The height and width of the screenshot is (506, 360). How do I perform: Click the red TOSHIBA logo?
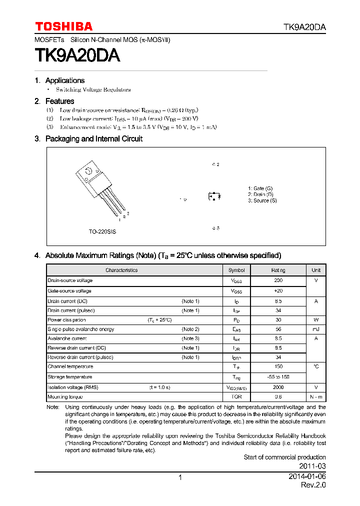[63, 26]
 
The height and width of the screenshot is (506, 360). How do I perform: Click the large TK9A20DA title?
[77, 55]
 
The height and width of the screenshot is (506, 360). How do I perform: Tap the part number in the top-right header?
[304, 27]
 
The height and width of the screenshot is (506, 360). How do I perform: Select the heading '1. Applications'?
[60, 80]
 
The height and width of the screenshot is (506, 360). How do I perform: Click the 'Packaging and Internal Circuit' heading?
[93, 139]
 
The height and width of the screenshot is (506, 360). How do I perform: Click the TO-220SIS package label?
[102, 232]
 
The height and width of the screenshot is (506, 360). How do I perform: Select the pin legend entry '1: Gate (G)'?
[260, 188]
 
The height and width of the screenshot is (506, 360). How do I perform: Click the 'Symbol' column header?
[236, 270]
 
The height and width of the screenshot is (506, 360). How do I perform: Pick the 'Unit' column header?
[316, 270]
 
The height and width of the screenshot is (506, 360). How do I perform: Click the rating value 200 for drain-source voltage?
[278, 280]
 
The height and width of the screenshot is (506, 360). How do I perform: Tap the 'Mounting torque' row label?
[65, 397]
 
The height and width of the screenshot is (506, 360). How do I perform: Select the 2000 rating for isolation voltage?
[278, 387]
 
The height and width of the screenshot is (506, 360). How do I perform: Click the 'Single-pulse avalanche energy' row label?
[80, 329]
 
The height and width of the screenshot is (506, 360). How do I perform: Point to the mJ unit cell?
[316, 329]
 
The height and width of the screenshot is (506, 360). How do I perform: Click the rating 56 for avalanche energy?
[278, 329]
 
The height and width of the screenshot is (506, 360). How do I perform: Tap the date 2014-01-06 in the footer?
[307, 477]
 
